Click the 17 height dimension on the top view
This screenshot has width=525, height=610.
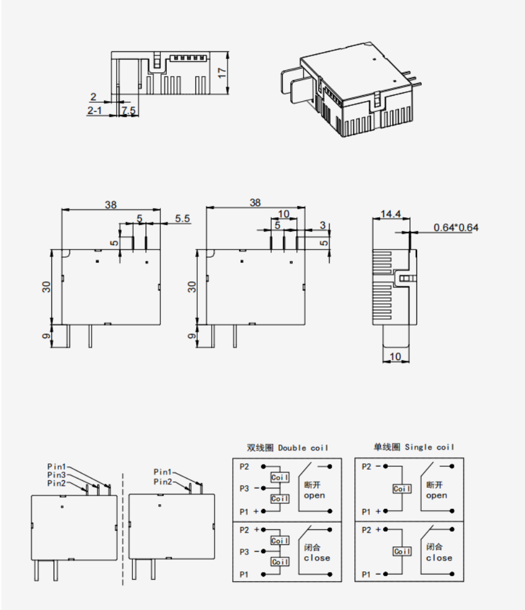(x=221, y=72)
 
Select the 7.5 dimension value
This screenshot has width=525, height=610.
(x=129, y=110)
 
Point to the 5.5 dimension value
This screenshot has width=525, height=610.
(x=183, y=219)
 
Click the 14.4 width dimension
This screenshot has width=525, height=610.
(x=391, y=214)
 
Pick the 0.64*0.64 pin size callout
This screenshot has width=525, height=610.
(x=456, y=227)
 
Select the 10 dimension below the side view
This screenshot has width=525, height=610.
(x=395, y=356)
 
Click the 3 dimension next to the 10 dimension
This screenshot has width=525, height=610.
(x=322, y=225)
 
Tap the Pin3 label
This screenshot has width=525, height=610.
(x=57, y=475)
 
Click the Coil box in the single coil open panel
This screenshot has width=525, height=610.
(x=402, y=489)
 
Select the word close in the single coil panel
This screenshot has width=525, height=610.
(x=439, y=558)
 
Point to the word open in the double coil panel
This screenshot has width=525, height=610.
(x=314, y=495)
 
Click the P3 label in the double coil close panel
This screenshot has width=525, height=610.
(x=244, y=551)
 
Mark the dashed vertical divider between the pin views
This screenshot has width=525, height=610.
(x=123, y=526)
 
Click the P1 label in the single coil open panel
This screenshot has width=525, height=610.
(x=366, y=511)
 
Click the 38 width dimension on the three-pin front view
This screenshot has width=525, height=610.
(x=110, y=205)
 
